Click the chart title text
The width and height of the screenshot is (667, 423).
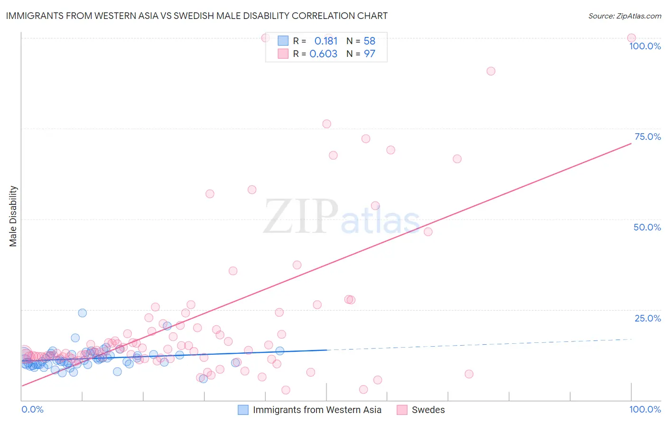pos(196,16)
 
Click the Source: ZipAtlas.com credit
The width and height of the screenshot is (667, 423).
pos(624,16)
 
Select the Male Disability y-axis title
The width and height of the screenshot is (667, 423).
pos(13,216)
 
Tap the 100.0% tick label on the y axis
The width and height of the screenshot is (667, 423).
pos(645,46)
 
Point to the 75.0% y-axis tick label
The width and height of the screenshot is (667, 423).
pos(648,137)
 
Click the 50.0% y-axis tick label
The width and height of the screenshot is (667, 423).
pos(647,227)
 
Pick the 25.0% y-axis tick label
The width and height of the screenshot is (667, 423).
pos(648,318)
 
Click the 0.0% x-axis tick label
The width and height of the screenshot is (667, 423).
pos(32,409)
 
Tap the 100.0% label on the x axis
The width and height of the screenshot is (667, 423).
pos(645,409)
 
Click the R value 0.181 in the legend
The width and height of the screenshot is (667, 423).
pos(326,41)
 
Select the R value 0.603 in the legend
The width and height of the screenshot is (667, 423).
pos(324,54)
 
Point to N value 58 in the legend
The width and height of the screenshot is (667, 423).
pos(370,41)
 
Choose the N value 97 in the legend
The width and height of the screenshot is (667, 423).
pos(370,54)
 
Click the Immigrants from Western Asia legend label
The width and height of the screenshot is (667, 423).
pos(317,410)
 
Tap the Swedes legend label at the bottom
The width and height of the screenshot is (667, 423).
pos(428,410)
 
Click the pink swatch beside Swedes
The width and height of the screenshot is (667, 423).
pos(402,410)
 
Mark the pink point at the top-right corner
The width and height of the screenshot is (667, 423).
pos(631,38)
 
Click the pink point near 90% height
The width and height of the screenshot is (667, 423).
pos(491,71)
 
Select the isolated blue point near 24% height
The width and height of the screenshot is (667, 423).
pos(83,313)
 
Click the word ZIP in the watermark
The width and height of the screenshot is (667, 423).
pos(301,217)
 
